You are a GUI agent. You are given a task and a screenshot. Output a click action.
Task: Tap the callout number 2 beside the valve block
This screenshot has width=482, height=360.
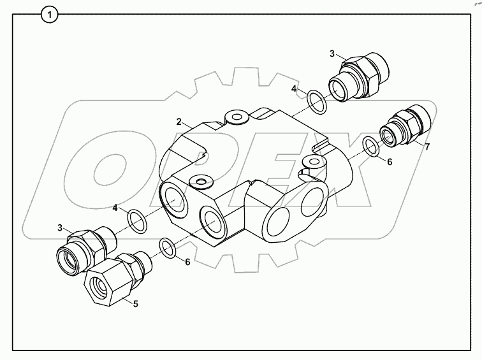[180, 121]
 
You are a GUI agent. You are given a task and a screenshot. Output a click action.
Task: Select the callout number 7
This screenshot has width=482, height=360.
[427, 147]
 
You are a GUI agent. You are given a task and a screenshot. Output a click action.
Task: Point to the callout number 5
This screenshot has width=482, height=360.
[135, 303]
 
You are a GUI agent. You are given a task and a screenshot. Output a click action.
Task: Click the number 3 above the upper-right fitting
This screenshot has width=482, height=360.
[332, 54]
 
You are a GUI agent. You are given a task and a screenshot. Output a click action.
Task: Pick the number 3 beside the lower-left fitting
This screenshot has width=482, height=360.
[59, 227]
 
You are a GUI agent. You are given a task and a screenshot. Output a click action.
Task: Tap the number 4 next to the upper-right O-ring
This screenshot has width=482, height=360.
[294, 89]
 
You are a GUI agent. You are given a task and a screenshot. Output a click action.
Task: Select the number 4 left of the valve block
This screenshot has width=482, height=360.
[115, 208]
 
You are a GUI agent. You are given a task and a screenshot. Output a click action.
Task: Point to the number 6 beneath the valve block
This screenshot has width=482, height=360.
[187, 261]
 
